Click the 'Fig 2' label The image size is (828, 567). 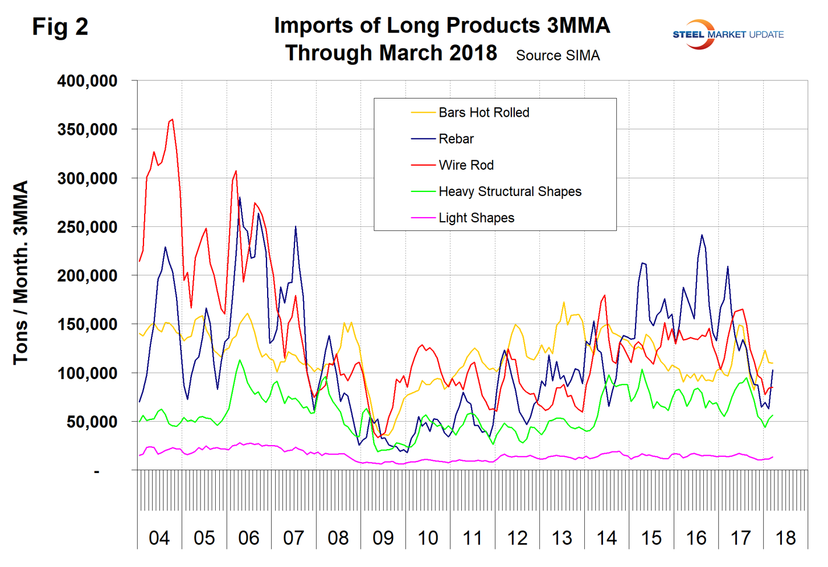(x=60, y=27)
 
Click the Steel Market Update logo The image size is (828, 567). (x=727, y=34)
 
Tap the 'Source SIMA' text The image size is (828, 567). (x=557, y=55)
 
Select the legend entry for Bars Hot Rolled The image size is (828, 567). (x=483, y=113)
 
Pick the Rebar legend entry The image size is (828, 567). (x=456, y=139)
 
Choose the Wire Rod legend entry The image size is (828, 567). (x=466, y=165)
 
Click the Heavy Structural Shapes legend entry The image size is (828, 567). (x=510, y=191)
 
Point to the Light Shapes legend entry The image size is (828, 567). (x=476, y=218)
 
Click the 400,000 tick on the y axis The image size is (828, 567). (x=87, y=81)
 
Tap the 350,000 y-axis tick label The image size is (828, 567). (x=87, y=129)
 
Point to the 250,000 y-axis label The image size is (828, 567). (x=87, y=227)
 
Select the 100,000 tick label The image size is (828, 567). (x=87, y=373)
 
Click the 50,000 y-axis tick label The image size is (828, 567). (x=92, y=422)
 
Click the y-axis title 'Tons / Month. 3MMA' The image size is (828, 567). (x=21, y=272)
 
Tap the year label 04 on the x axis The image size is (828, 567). (x=159, y=538)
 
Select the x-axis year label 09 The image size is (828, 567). (x=383, y=538)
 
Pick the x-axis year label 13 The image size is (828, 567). (x=562, y=538)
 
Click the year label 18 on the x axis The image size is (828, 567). (x=785, y=538)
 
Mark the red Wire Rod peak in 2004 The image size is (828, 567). (x=172, y=120)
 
